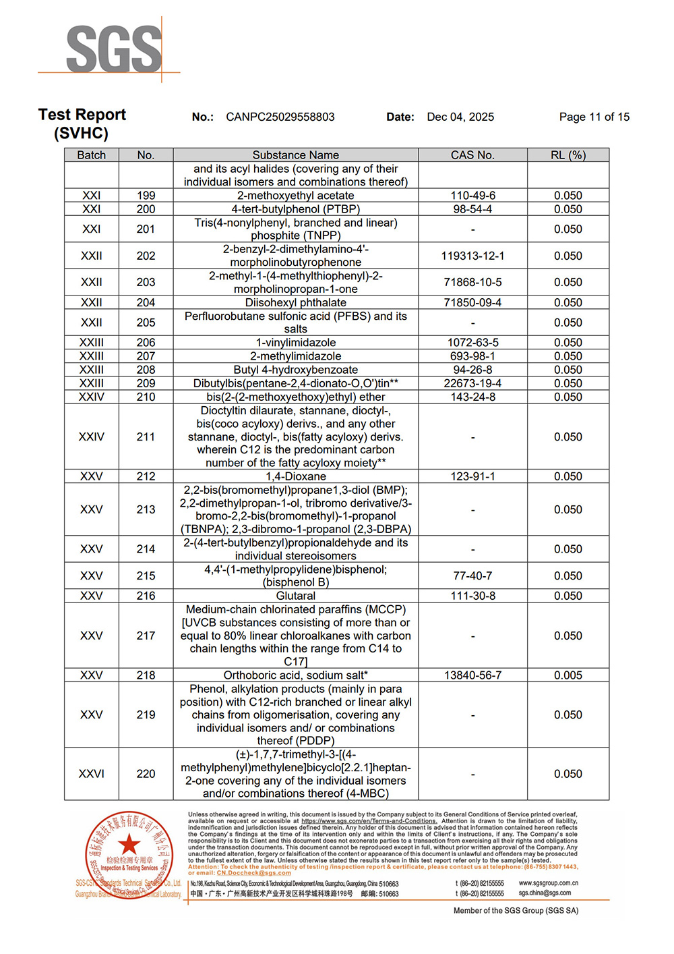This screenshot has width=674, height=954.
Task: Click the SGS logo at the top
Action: pyautogui.click(x=113, y=49)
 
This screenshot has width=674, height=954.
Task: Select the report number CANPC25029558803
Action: pyautogui.click(x=280, y=117)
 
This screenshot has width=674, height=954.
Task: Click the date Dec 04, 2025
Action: pyautogui.click(x=460, y=117)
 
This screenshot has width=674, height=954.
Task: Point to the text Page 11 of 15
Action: pyautogui.click(x=594, y=117)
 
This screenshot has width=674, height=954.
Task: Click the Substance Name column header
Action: pyautogui.click(x=295, y=155)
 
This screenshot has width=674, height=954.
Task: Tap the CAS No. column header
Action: pyautogui.click(x=472, y=155)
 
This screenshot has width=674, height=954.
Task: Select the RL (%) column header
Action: pyautogui.click(x=568, y=155)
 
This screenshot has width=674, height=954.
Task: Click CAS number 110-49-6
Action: pyautogui.click(x=472, y=196)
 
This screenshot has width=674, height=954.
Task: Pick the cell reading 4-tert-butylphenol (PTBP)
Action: pyautogui.click(x=295, y=209)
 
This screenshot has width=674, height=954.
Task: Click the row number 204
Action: pyautogui.click(x=146, y=303)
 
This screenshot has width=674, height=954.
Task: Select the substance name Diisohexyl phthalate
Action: pyautogui.click(x=295, y=303)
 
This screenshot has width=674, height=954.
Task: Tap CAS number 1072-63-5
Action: pyautogui.click(x=472, y=343)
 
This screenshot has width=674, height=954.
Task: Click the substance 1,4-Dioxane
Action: pyautogui.click(x=295, y=476)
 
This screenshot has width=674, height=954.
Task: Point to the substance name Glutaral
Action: pyautogui.click(x=295, y=596)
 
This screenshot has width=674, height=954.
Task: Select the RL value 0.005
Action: pyautogui.click(x=568, y=675)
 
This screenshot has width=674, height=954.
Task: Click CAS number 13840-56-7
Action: pyautogui.click(x=472, y=675)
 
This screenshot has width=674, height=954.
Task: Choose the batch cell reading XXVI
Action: pyautogui.click(x=91, y=774)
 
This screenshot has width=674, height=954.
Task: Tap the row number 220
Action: pyautogui.click(x=146, y=774)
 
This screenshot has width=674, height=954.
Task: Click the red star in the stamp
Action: pyautogui.click(x=129, y=844)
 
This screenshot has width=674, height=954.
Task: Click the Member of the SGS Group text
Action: pyautogui.click(x=516, y=911)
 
